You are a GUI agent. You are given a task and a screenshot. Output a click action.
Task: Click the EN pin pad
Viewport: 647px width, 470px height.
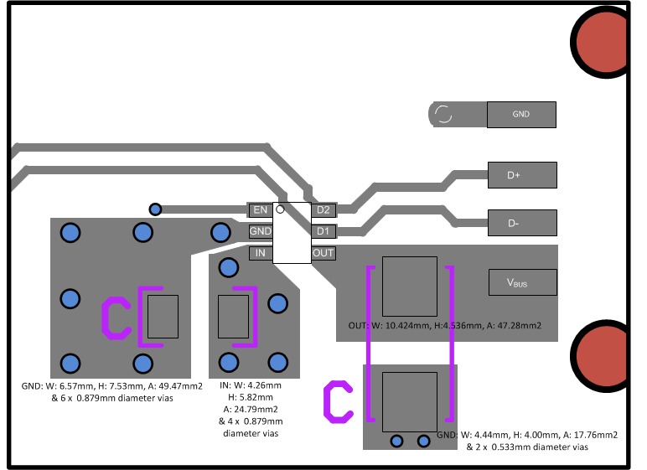tap(260, 209)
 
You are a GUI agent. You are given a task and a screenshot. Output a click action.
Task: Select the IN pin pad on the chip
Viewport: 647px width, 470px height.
tap(260, 253)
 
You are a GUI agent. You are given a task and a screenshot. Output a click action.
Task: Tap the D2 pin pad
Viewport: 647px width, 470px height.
tap(323, 209)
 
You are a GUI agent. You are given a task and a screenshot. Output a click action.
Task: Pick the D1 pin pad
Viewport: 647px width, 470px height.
tap(323, 231)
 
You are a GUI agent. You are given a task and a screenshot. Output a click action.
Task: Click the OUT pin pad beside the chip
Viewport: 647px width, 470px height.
tap(323, 253)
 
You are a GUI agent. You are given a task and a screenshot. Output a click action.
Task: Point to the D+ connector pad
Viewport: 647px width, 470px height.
tap(522, 175)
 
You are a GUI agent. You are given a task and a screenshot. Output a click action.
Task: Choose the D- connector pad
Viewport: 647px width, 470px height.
tap(522, 224)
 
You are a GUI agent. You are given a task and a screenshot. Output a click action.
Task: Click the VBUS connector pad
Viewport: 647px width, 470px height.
tap(522, 282)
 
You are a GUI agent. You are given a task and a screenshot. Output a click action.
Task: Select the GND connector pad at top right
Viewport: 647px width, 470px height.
tap(522, 115)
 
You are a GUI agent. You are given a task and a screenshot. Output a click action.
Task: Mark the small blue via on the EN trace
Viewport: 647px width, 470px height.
tap(155, 209)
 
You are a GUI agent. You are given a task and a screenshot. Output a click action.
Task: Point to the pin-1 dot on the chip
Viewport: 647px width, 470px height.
tap(281, 209)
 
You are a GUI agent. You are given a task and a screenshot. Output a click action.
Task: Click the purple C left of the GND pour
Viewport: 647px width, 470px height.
tap(116, 318)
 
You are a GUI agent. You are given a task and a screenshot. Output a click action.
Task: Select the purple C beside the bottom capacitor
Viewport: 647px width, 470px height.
tap(338, 400)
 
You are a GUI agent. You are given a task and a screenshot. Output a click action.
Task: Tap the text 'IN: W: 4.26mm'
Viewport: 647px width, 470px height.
tap(251, 385)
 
